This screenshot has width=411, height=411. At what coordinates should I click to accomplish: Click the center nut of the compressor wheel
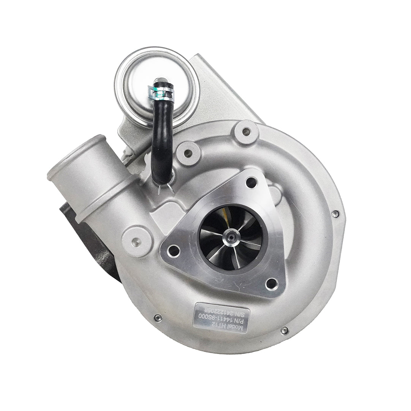tap(231, 238)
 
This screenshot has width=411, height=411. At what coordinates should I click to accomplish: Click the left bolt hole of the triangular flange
tap(174, 250)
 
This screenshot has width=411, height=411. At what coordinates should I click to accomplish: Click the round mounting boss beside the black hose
tap(188, 153)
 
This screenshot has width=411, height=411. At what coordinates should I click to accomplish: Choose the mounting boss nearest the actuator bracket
tap(247, 132)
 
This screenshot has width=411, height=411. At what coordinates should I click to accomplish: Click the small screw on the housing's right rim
tap(335, 214)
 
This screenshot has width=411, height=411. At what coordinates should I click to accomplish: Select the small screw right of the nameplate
tap(284, 330)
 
